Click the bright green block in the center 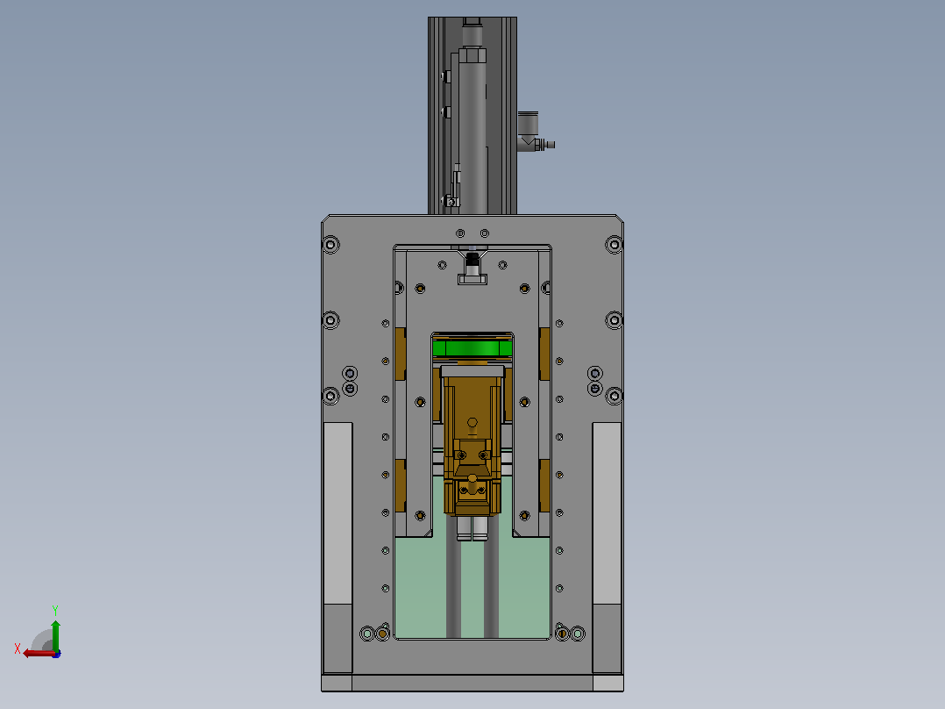click(x=472, y=348)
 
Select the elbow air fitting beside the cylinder click(x=533, y=132)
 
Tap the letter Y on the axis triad click(x=55, y=610)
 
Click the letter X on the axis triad click(x=17, y=648)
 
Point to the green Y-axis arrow click(x=55, y=635)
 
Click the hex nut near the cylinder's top click(x=472, y=56)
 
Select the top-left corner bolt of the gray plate click(x=330, y=245)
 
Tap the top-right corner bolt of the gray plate click(x=615, y=245)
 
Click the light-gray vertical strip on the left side click(x=338, y=513)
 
